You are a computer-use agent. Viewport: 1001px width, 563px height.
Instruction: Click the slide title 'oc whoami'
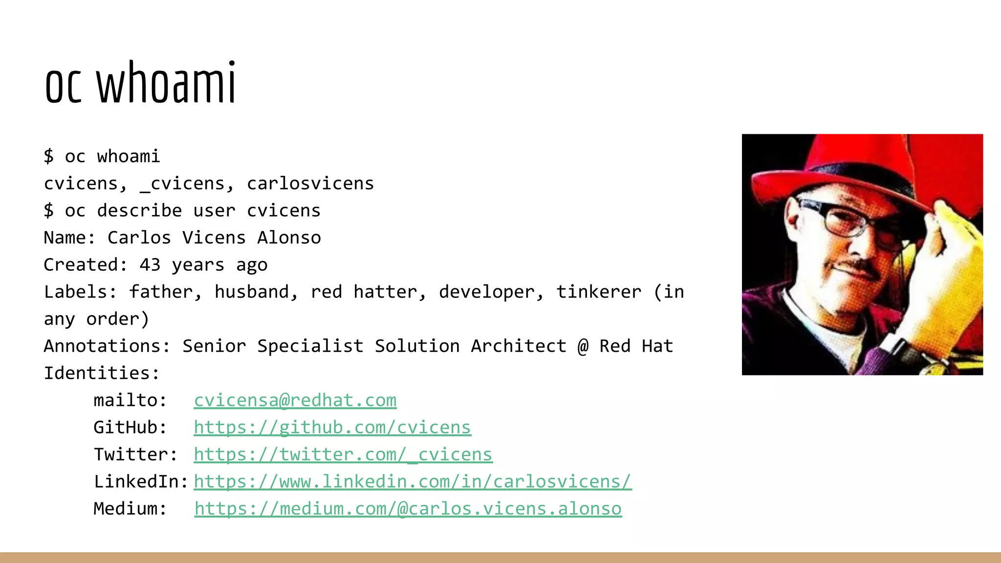140,83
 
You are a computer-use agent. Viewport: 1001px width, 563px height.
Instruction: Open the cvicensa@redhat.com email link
295,400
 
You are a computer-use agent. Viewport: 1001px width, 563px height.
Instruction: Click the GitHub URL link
332,428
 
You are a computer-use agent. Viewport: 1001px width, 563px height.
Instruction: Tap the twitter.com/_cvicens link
343,455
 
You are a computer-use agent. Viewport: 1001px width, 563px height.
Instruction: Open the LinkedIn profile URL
413,482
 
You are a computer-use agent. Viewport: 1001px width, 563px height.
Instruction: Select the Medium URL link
408,509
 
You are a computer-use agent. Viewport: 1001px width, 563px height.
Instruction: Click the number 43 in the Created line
150,265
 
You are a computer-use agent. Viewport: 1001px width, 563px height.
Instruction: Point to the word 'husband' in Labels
252,292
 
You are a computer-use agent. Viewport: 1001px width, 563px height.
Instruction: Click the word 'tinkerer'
599,292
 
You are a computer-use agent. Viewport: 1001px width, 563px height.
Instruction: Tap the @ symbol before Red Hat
583,346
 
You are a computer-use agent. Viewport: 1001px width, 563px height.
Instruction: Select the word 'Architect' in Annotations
518,346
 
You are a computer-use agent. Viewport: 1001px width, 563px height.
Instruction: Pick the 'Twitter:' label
135,455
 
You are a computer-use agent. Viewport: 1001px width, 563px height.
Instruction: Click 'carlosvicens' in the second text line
310,184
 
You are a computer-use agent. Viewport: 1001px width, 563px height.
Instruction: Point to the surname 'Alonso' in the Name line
289,238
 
